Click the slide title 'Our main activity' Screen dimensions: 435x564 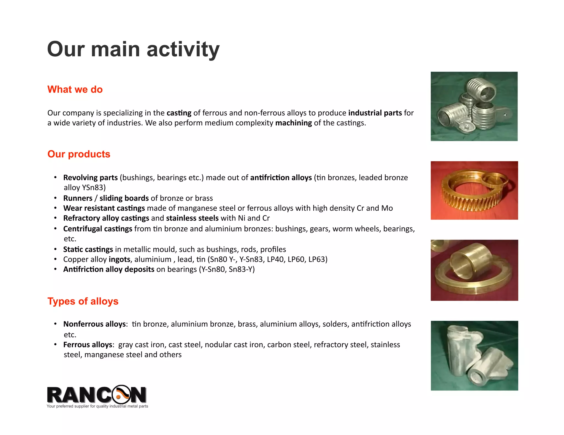coord(133,49)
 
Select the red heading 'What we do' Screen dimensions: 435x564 coord(75,89)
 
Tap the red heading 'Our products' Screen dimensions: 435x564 coord(79,154)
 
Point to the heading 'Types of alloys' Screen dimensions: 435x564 coord(83,301)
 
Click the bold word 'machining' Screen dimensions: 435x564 coord(293,123)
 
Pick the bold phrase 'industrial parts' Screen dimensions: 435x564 coord(375,113)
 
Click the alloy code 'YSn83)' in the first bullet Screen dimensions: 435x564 coord(94,188)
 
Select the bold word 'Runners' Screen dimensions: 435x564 coord(78,198)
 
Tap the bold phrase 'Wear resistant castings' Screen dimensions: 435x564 coord(104,208)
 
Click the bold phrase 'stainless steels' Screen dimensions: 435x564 coord(192,218)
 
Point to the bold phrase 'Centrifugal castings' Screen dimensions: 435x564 coord(97,229)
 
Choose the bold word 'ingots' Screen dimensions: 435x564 coord(119,259)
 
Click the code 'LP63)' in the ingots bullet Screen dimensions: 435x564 coord(318,259)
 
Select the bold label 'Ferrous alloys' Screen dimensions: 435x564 coord(88,345)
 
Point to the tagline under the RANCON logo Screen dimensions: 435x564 coord(97,406)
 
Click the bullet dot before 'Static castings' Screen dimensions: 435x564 coord(55,249)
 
